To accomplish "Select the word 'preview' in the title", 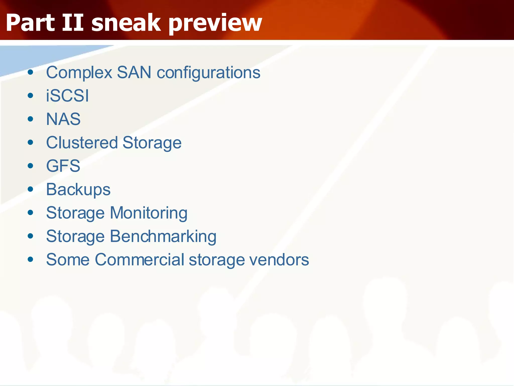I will click(215, 23).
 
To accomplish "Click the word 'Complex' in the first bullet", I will click(79, 73).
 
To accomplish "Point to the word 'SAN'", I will click(134, 72).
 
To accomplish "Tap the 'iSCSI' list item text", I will click(67, 96).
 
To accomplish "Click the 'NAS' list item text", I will click(63, 119).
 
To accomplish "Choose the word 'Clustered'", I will click(82, 142).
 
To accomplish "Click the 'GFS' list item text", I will click(63, 166).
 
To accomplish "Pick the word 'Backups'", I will click(78, 189).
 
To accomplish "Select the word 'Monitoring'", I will click(149, 213).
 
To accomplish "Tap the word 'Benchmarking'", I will click(163, 236).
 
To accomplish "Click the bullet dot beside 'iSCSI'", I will click(31, 96).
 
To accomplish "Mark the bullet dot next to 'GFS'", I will click(31, 166).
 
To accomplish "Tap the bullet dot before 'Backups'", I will click(31, 189).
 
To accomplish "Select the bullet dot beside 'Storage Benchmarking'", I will click(31, 236).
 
